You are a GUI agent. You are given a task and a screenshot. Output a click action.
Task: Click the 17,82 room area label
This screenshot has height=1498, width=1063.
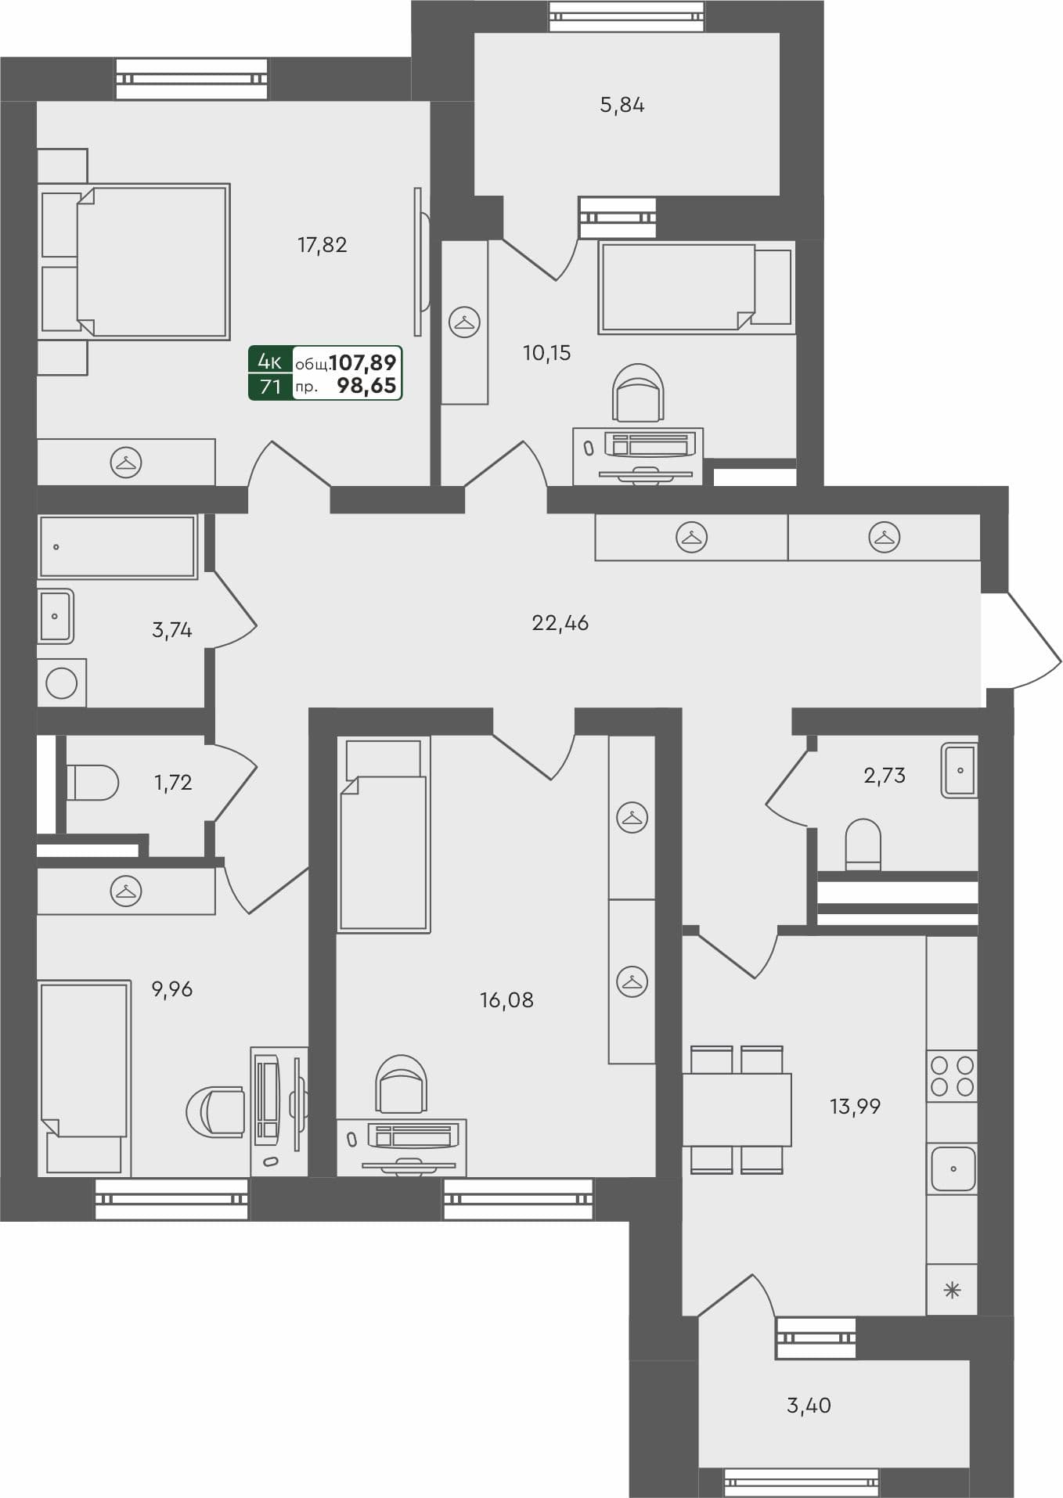[322, 245]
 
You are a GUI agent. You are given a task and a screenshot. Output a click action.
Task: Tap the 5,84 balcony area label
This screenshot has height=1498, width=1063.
[622, 105]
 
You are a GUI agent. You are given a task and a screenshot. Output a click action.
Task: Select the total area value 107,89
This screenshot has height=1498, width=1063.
[363, 362]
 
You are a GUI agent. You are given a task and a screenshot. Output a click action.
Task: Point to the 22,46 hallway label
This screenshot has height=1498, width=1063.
[560, 623]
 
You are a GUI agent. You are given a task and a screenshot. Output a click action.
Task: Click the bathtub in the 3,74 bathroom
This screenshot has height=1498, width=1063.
[117, 546]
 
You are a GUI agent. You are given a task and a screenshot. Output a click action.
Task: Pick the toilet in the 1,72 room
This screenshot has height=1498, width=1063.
[92, 782]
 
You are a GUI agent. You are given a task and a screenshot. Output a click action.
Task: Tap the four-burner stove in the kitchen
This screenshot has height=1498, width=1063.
[952, 1076]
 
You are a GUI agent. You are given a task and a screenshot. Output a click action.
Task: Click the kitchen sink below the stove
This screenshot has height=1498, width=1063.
[953, 1169]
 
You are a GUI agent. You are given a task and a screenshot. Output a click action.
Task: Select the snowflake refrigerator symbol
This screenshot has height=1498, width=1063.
[952, 1291]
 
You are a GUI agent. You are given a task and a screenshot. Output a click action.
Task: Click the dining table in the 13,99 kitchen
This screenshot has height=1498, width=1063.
[737, 1109]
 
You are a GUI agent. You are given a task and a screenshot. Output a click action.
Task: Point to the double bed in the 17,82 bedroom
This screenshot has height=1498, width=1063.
[152, 261]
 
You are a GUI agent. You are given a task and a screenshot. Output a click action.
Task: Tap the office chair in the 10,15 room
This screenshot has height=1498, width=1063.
[639, 392]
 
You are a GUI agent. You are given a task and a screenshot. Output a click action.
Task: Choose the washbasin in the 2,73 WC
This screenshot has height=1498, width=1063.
[960, 770]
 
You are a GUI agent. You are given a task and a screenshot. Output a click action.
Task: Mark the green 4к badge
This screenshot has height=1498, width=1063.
[270, 361]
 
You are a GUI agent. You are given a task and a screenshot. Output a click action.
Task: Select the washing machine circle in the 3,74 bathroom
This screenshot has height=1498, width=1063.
[62, 683]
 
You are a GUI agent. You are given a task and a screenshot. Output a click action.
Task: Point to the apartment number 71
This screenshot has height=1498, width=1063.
[270, 387]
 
